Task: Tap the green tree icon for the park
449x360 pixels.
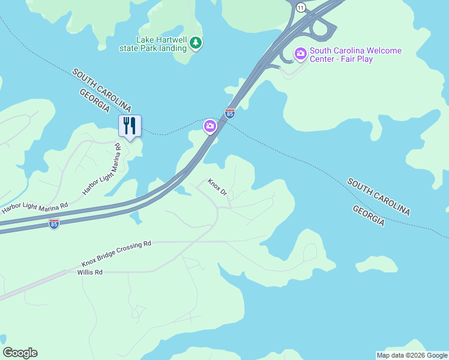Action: pyautogui.click(x=196, y=43)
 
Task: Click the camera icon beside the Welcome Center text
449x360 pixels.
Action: pyautogui.click(x=300, y=54)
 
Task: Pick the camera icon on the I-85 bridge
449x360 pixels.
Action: pyautogui.click(x=210, y=125)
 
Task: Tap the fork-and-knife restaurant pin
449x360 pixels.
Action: pyautogui.click(x=130, y=125)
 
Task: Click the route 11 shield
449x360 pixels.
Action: pyautogui.click(x=301, y=7)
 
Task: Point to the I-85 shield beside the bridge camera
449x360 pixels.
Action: pyautogui.click(x=229, y=113)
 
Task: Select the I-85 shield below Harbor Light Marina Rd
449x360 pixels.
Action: pyautogui.click(x=54, y=223)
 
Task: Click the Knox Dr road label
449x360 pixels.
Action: pyautogui.click(x=217, y=187)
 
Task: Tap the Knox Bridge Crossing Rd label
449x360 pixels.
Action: pyautogui.click(x=116, y=254)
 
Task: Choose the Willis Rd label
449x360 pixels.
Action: pyautogui.click(x=90, y=272)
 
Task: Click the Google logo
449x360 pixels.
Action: pyautogui.click(x=20, y=353)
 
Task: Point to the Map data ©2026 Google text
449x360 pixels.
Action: pyautogui.click(x=412, y=355)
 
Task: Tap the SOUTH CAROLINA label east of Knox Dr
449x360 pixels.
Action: pyautogui.click(x=379, y=196)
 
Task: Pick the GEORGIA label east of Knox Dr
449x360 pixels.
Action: pyautogui.click(x=369, y=215)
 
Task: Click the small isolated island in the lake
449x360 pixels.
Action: pyautogui.click(x=376, y=264)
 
